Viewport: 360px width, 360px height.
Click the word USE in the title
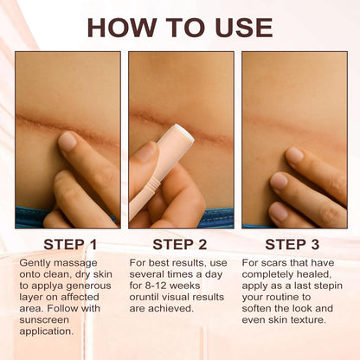239,27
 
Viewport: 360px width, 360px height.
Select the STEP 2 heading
181,245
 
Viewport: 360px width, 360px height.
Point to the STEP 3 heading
293,245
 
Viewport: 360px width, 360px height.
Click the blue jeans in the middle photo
216,218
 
